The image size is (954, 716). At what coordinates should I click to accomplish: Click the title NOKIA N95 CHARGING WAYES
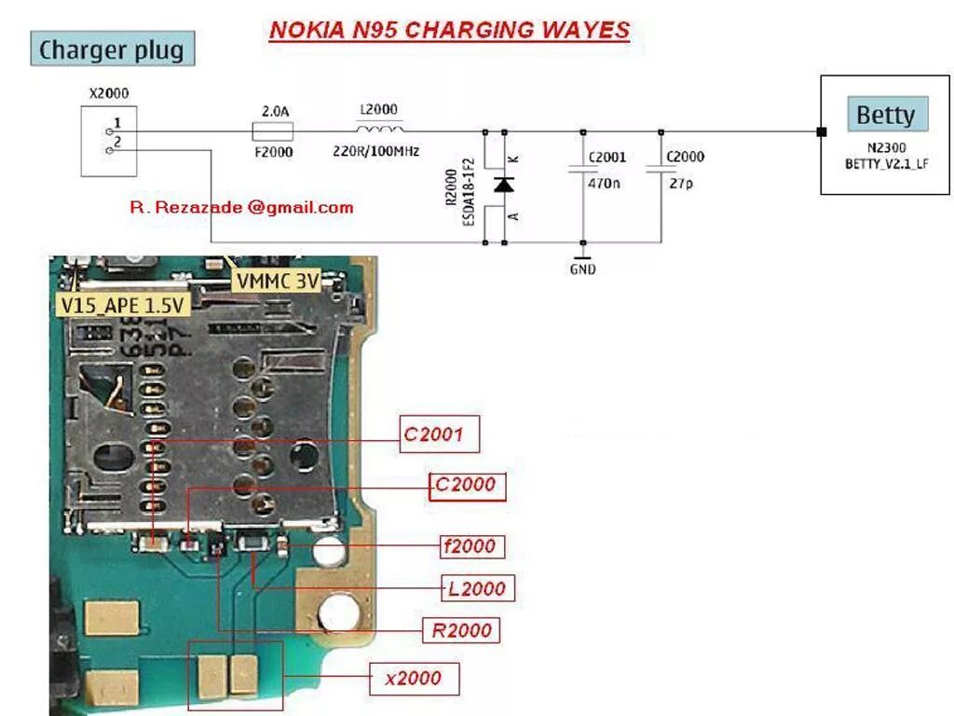[x=449, y=30]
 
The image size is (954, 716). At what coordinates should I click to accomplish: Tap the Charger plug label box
[x=112, y=49]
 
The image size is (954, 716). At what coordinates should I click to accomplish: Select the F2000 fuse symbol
[x=274, y=131]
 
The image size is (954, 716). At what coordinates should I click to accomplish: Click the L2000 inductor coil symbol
[x=380, y=129]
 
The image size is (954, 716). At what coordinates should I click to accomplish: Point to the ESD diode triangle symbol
[x=504, y=185]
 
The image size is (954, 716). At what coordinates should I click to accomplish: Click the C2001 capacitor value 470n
[x=604, y=184]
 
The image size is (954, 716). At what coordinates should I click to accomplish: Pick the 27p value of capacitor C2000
[x=680, y=184]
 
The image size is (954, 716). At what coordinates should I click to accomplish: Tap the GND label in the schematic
[x=582, y=269]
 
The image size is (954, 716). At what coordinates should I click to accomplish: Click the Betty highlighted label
[x=885, y=116]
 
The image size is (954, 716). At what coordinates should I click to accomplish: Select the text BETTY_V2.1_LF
[x=886, y=164]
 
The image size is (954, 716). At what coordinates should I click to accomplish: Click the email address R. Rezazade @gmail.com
[x=241, y=208]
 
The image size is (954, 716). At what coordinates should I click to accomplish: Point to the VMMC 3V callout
[x=278, y=281]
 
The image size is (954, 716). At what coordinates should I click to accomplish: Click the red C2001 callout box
[x=440, y=434]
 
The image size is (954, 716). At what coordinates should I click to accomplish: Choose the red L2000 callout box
[x=476, y=588]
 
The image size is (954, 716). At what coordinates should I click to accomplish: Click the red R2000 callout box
[x=461, y=630]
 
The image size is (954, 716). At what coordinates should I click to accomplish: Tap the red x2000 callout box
[x=414, y=678]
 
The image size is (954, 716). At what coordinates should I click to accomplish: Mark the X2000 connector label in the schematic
[x=108, y=93]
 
